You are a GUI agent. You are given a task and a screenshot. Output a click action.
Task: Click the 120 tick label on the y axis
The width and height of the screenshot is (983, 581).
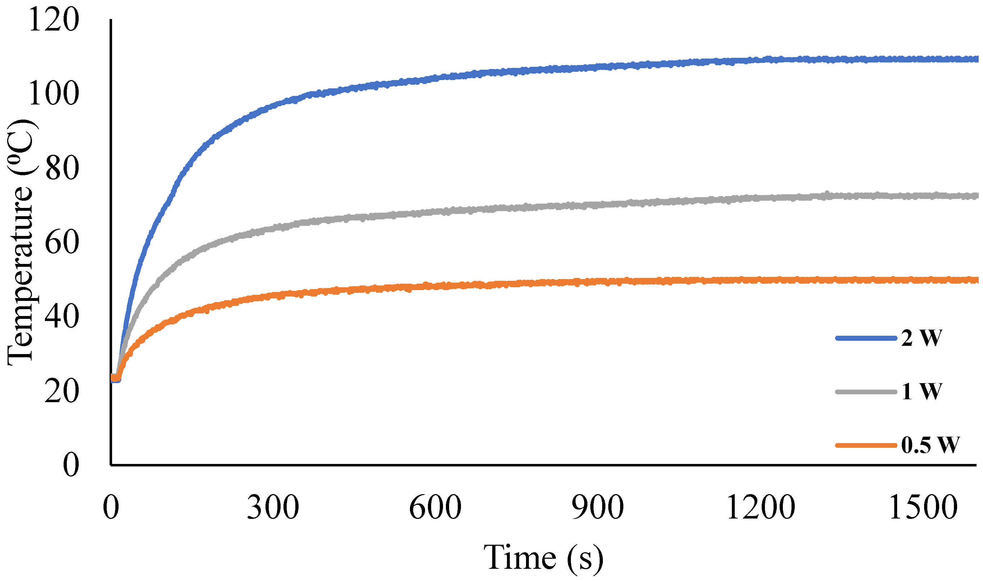54,20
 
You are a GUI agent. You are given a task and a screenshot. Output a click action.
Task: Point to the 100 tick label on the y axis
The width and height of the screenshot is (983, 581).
54,94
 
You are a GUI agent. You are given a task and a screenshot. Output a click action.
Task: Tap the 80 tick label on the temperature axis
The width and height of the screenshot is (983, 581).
62,169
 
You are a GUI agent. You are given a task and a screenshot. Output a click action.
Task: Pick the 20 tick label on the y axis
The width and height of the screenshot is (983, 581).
62,391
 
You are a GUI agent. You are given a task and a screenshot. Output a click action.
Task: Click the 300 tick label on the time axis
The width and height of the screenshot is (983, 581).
273,508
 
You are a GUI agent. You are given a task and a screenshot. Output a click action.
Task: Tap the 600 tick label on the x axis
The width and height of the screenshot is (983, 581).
435,508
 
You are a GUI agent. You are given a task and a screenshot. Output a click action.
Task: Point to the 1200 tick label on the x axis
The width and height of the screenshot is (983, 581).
761,508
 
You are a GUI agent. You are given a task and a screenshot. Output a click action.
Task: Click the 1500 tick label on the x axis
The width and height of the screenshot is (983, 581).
923,508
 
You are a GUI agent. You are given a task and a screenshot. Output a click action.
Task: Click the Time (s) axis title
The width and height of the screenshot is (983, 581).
543,558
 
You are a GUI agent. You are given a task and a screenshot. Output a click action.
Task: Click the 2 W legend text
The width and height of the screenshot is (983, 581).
922,338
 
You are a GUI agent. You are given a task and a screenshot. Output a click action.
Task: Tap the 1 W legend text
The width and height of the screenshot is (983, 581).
922,392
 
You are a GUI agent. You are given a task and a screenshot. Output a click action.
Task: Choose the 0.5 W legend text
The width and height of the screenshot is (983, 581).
930,445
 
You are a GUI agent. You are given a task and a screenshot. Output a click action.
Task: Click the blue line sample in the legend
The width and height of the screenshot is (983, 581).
866,338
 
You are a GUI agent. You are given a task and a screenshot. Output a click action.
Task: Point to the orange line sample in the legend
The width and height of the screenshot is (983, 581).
866,445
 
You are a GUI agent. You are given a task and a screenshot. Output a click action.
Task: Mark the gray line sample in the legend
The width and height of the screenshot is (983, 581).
866,392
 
